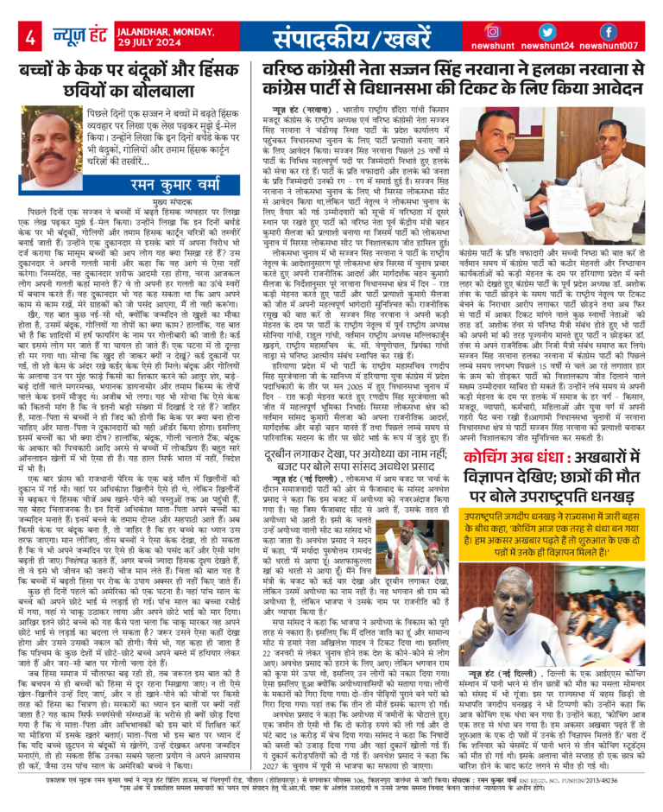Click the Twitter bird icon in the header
[554, 31]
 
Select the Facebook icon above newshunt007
[608, 31]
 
